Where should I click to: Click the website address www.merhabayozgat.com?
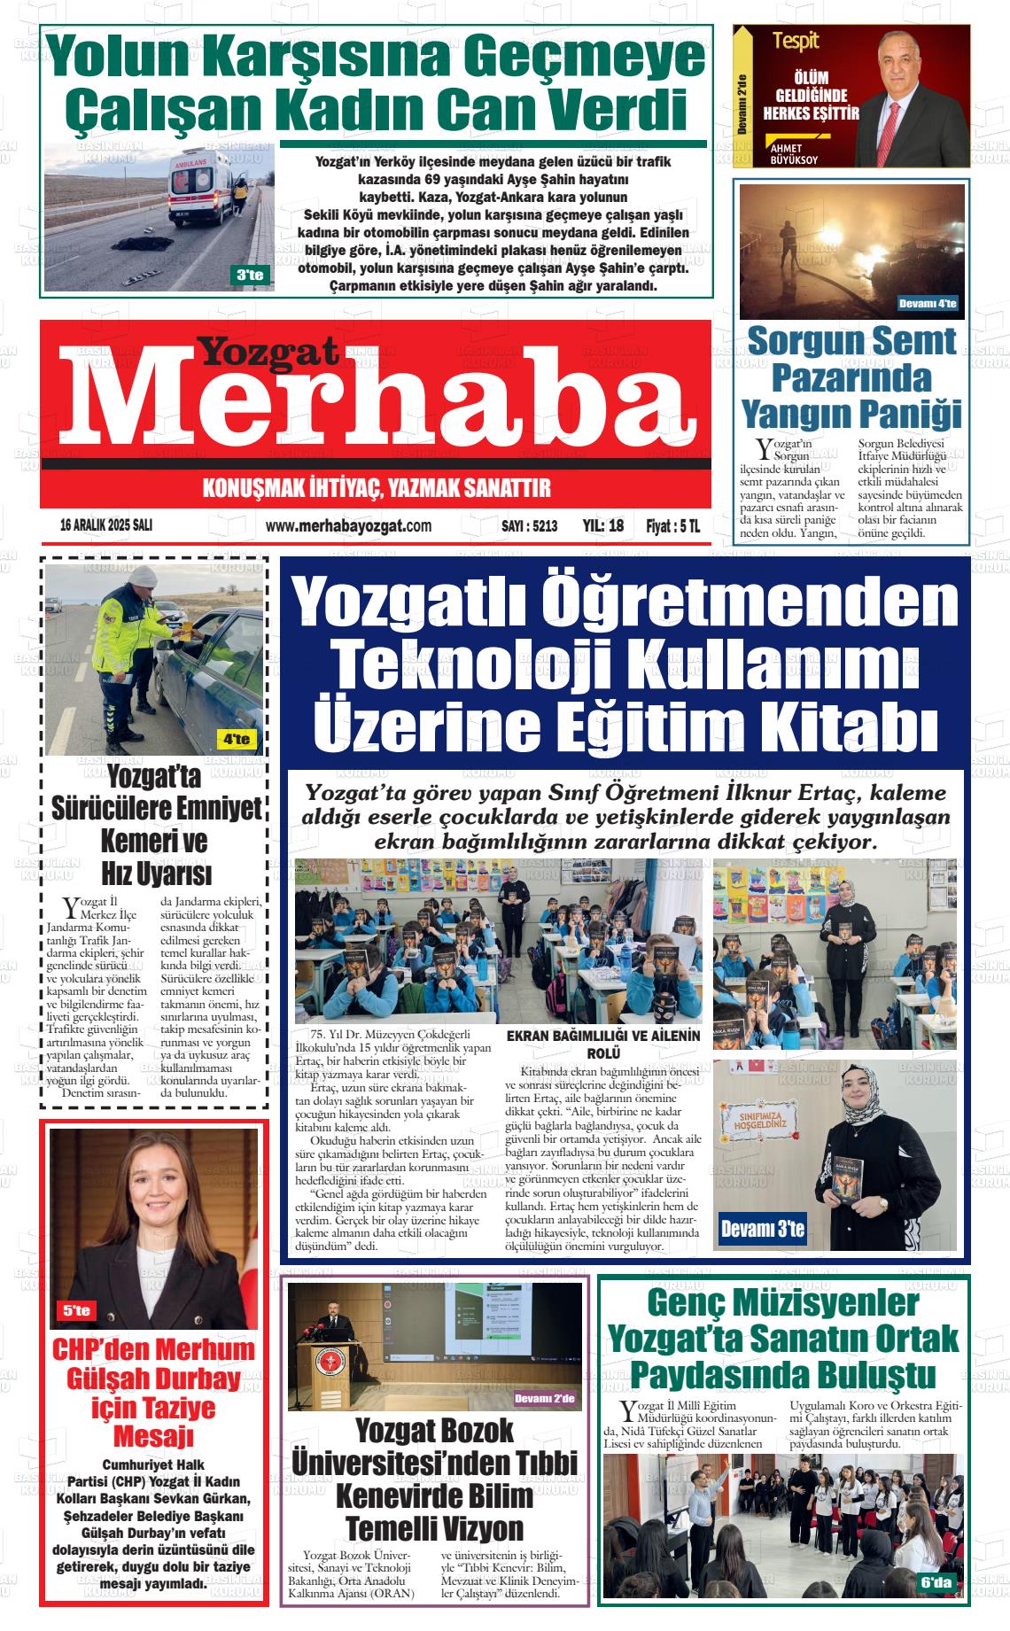coord(348,525)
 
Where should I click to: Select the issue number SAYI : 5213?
coord(529,525)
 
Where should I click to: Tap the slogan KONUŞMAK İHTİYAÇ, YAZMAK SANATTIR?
coord(377,487)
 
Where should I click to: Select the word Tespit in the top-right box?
coord(795,40)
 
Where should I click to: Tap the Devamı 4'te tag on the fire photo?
coord(928,304)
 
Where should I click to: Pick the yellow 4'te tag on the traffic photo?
coord(237,739)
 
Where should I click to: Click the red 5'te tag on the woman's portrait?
coord(76,1310)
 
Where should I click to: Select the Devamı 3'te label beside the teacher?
coord(762,1228)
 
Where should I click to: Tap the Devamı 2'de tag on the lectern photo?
coord(544,1399)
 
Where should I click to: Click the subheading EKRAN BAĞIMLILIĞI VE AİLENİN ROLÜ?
coord(602,1044)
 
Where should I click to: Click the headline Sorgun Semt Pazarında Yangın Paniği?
coord(851,377)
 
